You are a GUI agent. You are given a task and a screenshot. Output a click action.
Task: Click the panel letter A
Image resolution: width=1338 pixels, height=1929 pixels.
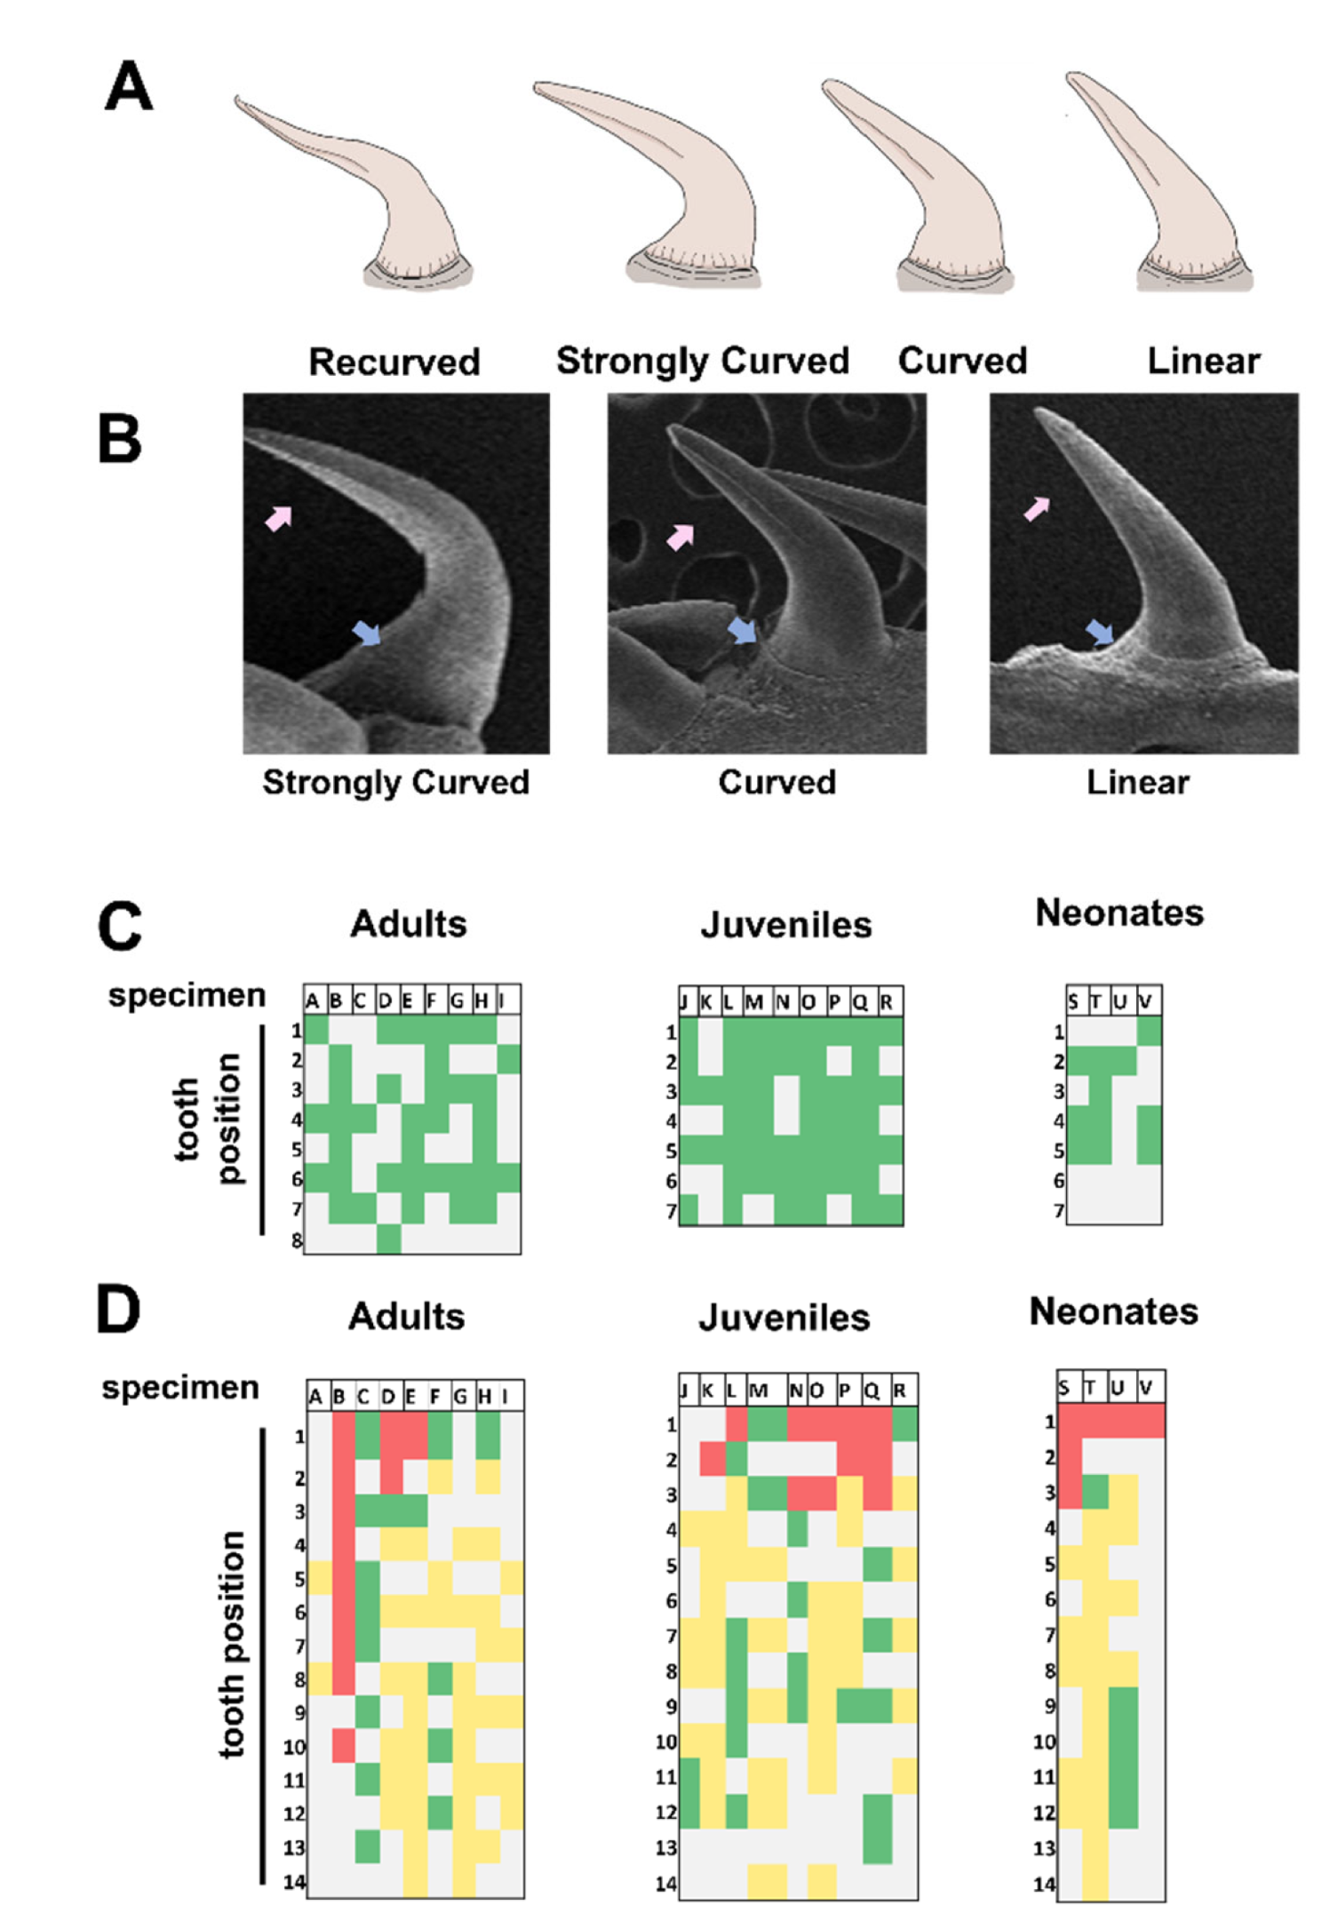(x=129, y=87)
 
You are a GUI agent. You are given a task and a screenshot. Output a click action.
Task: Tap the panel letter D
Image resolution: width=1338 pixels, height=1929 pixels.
(x=118, y=1311)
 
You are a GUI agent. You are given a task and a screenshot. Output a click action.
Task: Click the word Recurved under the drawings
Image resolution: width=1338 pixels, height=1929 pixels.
(x=394, y=362)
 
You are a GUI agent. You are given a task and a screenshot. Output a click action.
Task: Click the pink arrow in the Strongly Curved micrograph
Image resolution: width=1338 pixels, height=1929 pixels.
(x=279, y=518)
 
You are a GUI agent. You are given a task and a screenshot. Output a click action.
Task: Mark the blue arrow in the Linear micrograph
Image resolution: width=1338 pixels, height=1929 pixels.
(x=1100, y=633)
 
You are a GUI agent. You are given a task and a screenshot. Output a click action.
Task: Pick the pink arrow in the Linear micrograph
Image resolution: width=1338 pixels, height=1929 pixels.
(x=1037, y=509)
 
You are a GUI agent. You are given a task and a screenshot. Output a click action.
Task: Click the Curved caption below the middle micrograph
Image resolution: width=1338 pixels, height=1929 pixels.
(x=777, y=782)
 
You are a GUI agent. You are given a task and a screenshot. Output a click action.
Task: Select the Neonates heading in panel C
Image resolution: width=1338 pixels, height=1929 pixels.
(x=1119, y=913)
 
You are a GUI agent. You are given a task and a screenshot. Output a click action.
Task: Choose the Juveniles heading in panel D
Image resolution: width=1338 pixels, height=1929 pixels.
(x=784, y=1317)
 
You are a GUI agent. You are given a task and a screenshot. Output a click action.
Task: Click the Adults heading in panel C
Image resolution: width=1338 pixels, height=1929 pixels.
(x=408, y=924)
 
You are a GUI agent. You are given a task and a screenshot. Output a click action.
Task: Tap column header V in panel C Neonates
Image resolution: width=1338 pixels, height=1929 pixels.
(x=1147, y=1001)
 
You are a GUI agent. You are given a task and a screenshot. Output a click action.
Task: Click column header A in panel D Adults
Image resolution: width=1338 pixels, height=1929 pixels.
(x=315, y=1398)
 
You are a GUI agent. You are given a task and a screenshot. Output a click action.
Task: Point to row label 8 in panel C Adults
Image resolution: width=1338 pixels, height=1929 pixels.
(x=297, y=1240)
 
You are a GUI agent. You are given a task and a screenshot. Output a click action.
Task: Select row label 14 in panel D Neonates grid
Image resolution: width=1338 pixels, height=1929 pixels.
(x=1046, y=1884)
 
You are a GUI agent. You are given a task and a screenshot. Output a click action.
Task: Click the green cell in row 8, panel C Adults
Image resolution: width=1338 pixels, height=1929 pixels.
(x=388, y=1239)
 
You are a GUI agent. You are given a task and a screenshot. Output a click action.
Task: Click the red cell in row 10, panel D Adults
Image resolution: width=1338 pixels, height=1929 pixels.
(x=344, y=1746)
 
